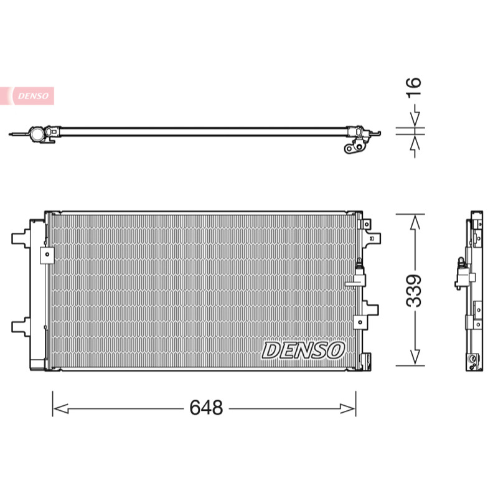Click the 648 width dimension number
206,408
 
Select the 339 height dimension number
414,290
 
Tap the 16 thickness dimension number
414,87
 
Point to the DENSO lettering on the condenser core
303,350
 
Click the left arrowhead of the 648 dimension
60,409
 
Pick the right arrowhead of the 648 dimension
348,409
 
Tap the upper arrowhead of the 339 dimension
415,222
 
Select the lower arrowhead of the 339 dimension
415,357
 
